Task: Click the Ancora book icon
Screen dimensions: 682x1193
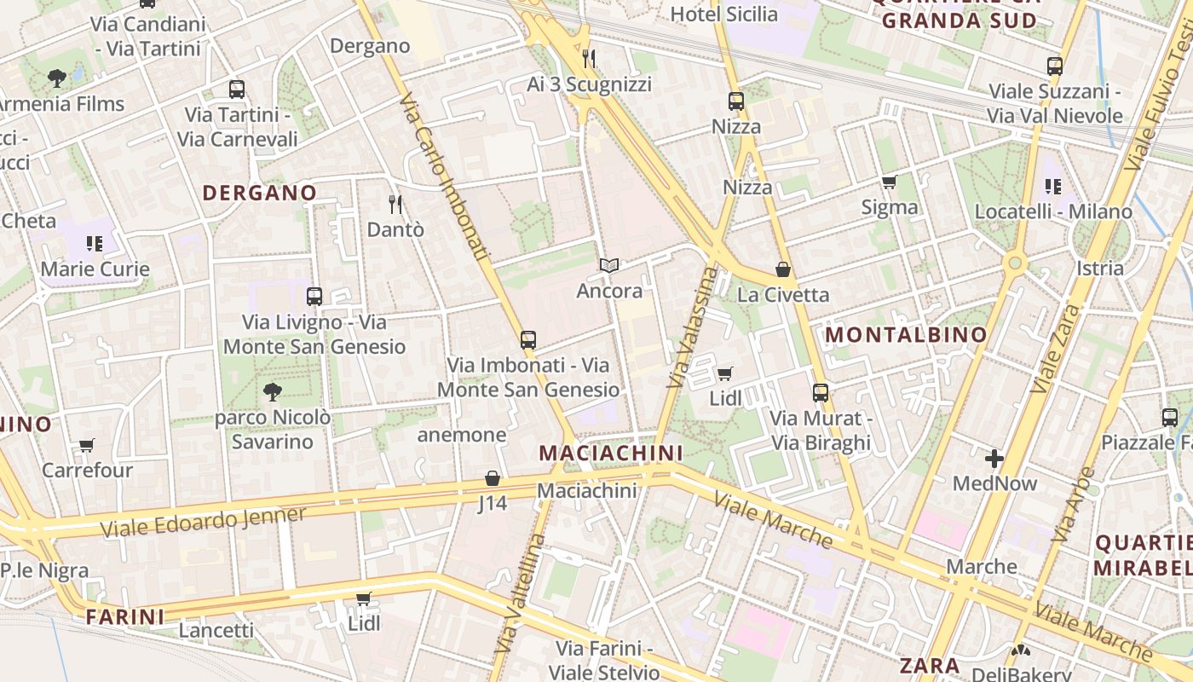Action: (608, 266)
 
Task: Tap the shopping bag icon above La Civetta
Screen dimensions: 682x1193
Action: (783, 270)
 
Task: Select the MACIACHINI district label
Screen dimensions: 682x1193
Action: (611, 453)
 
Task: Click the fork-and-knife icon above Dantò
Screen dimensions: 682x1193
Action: (395, 204)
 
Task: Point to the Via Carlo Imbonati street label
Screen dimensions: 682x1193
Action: (445, 176)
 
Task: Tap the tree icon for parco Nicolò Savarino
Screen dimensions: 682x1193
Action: (272, 392)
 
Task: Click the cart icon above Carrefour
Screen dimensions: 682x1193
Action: (86, 445)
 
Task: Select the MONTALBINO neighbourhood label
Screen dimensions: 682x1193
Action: (906, 335)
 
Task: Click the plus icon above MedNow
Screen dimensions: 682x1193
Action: (994, 459)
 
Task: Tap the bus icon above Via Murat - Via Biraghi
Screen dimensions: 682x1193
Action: (821, 393)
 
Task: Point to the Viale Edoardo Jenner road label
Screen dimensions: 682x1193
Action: (203, 522)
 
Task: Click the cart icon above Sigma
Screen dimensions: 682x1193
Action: (889, 182)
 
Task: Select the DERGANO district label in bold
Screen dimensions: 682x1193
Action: (260, 193)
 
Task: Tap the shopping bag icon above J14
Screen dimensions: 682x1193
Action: (492, 478)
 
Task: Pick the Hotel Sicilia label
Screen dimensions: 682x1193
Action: (723, 14)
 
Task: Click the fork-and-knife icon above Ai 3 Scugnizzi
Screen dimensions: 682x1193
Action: (589, 58)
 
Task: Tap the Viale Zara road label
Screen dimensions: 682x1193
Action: (1054, 349)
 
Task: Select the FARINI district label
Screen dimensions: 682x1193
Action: (125, 616)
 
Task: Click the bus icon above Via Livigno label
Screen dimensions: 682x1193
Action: (314, 297)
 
